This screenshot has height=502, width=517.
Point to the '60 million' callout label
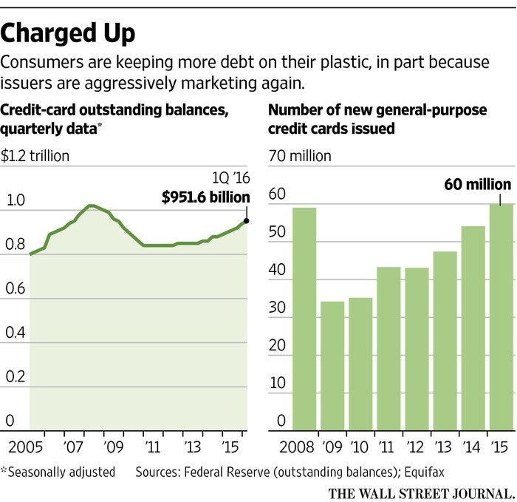click(x=477, y=184)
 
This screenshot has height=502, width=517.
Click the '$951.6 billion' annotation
click(x=205, y=197)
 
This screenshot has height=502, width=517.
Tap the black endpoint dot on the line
click(x=246, y=220)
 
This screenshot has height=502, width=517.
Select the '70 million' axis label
click(x=300, y=156)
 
